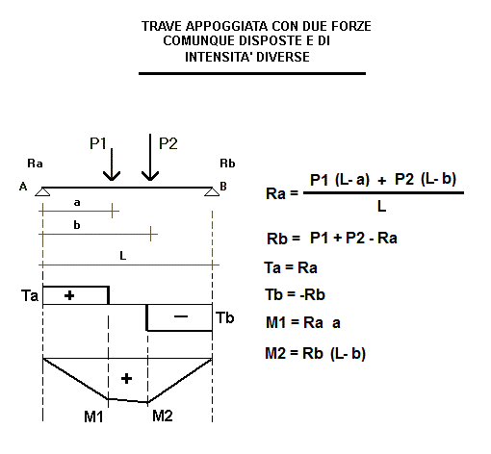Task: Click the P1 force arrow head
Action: pyautogui.click(x=112, y=176)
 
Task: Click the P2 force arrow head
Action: pyautogui.click(x=150, y=176)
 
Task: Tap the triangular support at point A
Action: pyautogui.click(x=42, y=191)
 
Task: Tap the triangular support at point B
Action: pyautogui.click(x=212, y=191)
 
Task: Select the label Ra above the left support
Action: pyautogui.click(x=35, y=164)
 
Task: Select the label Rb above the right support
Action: pyautogui.click(x=227, y=164)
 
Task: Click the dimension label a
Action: pyautogui.click(x=77, y=203)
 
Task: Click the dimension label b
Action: pyautogui.click(x=77, y=225)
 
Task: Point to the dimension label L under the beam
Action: pyautogui.click(x=123, y=256)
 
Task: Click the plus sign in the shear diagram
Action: pyautogui.click(x=69, y=295)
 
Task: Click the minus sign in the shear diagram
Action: pyautogui.click(x=181, y=316)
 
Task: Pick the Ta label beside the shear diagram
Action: pyautogui.click(x=30, y=295)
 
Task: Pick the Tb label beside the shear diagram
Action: pyautogui.click(x=225, y=317)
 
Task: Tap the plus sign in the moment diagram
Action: pyautogui.click(x=126, y=379)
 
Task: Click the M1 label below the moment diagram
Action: pyautogui.click(x=93, y=416)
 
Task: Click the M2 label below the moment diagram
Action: pyautogui.click(x=163, y=416)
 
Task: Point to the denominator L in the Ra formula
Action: pyautogui.click(x=381, y=207)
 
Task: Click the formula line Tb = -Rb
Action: pyautogui.click(x=296, y=295)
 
